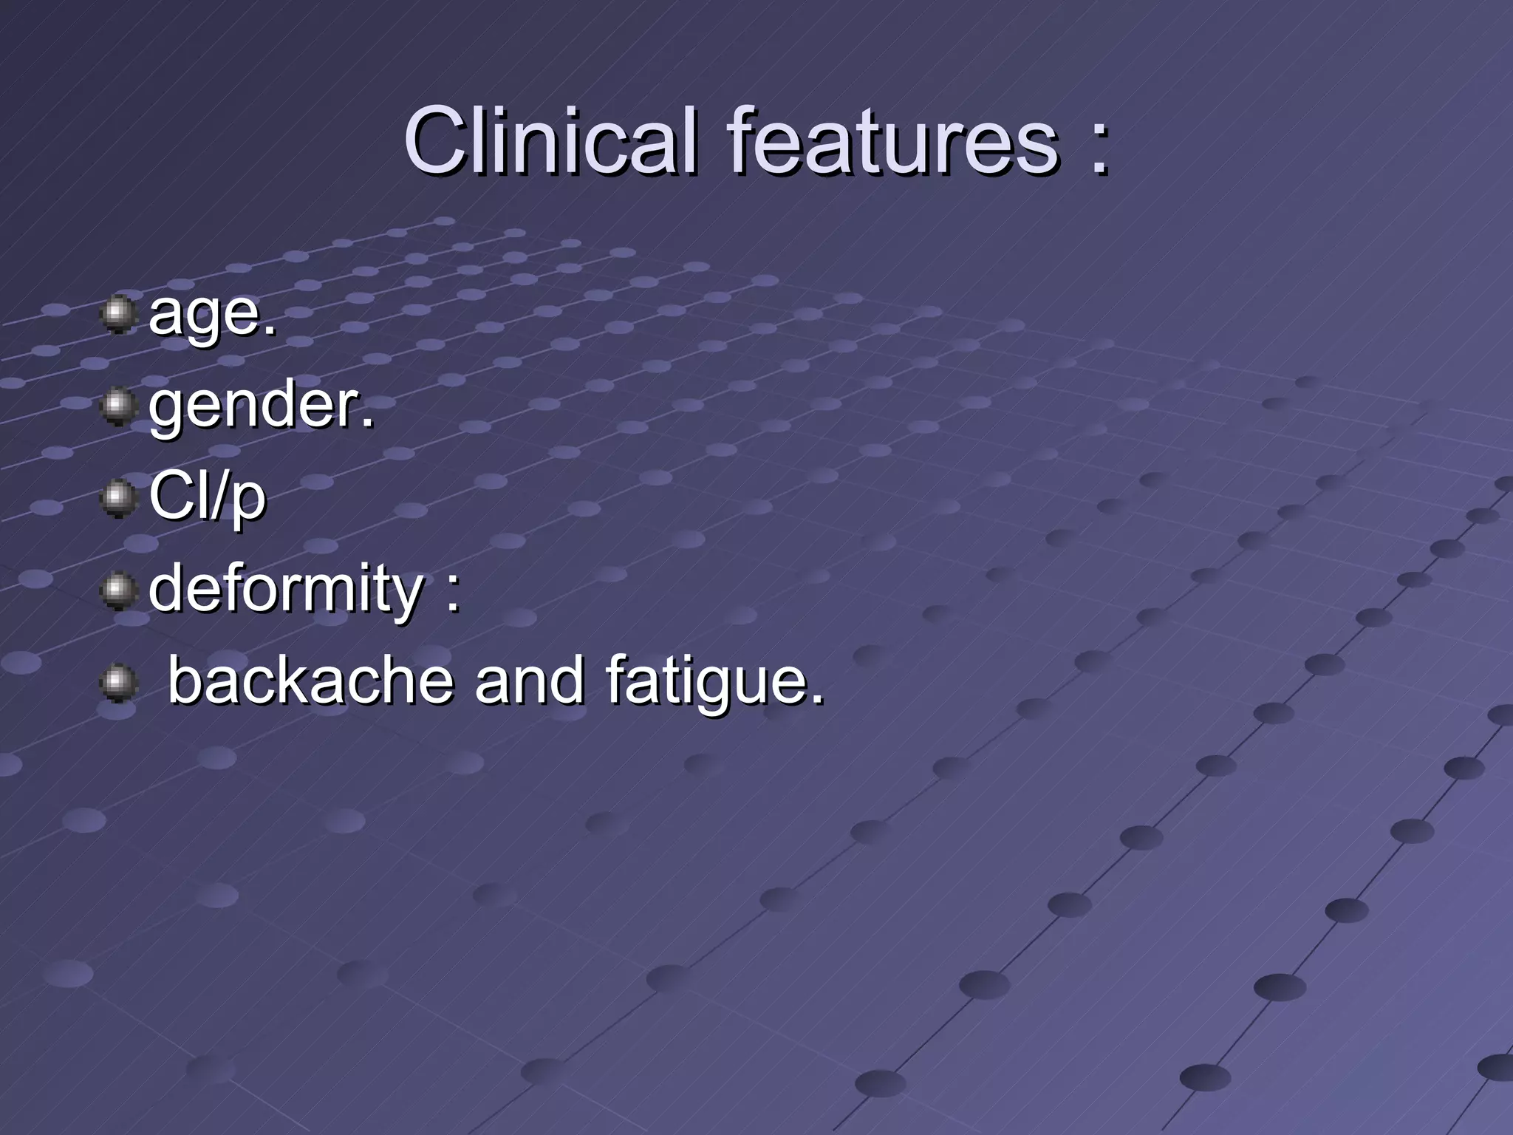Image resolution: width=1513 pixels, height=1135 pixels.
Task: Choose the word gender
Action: coord(256,406)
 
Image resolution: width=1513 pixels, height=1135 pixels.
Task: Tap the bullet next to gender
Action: coord(118,406)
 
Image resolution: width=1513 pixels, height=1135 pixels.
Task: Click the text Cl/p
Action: coord(207,497)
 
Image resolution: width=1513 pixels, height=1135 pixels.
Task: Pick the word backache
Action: coord(310,681)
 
